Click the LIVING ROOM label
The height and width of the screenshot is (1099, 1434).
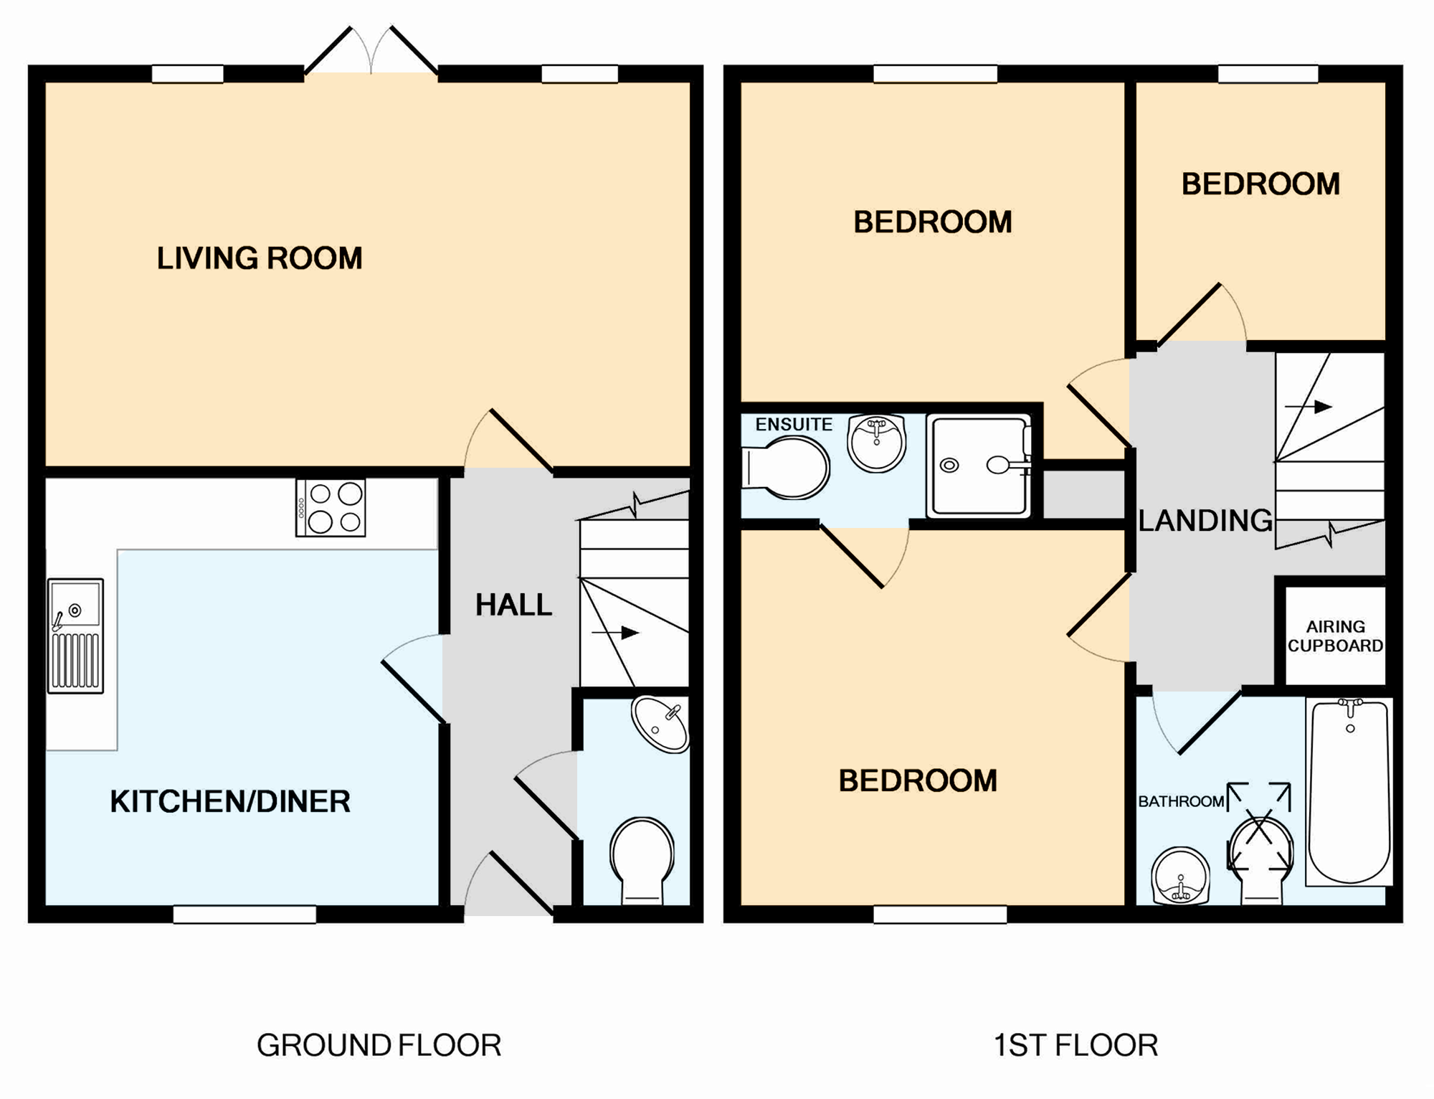point(260,258)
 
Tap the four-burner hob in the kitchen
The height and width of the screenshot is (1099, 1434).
point(331,507)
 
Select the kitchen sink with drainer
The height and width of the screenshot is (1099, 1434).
point(75,636)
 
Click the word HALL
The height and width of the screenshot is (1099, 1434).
point(513,605)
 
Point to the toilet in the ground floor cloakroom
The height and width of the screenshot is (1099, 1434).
point(642,860)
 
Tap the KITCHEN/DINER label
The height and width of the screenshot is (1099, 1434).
point(230,801)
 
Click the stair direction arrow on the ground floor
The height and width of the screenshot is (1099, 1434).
point(615,633)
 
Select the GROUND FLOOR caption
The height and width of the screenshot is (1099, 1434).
point(379,1045)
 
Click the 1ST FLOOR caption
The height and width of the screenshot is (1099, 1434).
point(1075,1045)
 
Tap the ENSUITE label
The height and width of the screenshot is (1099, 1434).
point(794,424)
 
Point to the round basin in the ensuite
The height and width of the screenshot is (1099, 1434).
point(876,443)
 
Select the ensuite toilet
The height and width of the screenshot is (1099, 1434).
point(786,468)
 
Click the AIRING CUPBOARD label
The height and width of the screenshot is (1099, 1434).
point(1335,636)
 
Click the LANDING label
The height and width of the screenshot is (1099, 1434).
point(1205,521)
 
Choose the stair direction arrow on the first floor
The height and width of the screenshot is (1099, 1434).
point(1309,407)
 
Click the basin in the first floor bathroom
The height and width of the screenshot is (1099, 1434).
point(1180,876)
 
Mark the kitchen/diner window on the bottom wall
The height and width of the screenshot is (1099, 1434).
point(244,914)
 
